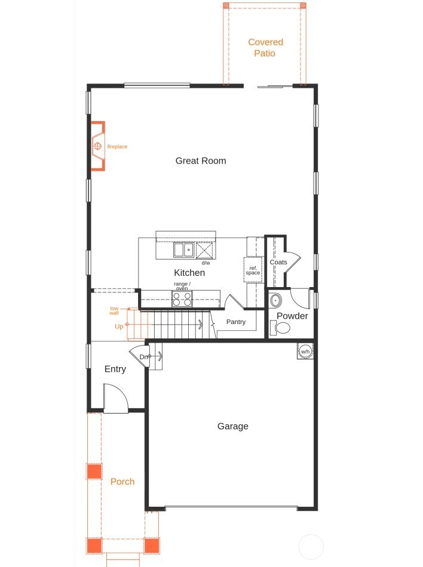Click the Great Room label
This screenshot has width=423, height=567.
pos(201,161)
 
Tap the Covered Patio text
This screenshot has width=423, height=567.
pos(265,48)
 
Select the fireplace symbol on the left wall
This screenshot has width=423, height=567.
pos(97,146)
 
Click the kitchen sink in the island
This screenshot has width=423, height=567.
pos(183,249)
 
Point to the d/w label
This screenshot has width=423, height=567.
pos(206,263)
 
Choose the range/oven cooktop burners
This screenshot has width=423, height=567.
pos(182,298)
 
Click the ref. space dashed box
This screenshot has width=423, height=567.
pos(253,270)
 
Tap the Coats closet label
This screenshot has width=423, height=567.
pos(278,262)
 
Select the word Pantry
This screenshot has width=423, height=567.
pos(236,322)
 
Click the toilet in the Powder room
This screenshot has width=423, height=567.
pos(281,328)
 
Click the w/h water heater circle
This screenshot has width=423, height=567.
pos(305,351)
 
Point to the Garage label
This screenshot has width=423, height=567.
pos(232,426)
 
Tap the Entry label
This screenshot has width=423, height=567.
pos(115,369)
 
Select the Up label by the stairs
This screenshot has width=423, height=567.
pos(119,326)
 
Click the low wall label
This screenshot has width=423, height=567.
pos(114,310)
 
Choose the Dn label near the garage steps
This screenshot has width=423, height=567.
pos(143,357)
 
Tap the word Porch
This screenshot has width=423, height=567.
pos(122,482)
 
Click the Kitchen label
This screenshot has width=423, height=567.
pos(189,273)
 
